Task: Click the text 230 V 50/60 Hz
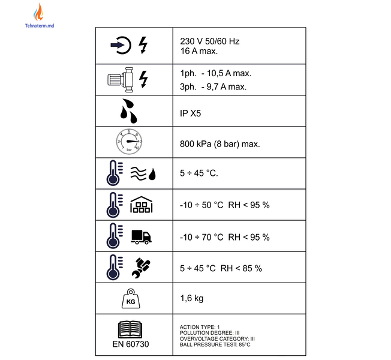coord(210,41)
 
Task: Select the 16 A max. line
coord(199,51)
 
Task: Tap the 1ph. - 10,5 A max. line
coord(216,73)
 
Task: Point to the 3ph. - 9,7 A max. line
coord(213,87)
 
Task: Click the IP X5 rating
coord(190,113)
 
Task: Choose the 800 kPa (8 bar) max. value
coord(220,144)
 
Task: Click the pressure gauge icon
coord(129,142)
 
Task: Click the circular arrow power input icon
coord(121,45)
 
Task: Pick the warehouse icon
coord(142,205)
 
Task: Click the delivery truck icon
coord(141,237)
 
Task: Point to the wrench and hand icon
coord(141,268)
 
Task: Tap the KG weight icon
coord(131,298)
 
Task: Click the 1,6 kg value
coord(192,298)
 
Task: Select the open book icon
coord(130,329)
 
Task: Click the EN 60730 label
coord(131,344)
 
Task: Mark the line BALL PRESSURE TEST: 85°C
coord(215,345)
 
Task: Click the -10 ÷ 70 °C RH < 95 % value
coord(225,237)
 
